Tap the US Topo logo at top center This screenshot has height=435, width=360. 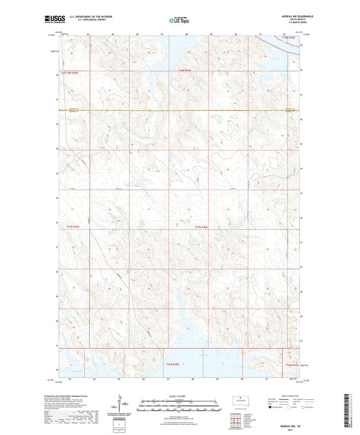[x=180, y=20]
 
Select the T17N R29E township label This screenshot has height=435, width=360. [x=74, y=227]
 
